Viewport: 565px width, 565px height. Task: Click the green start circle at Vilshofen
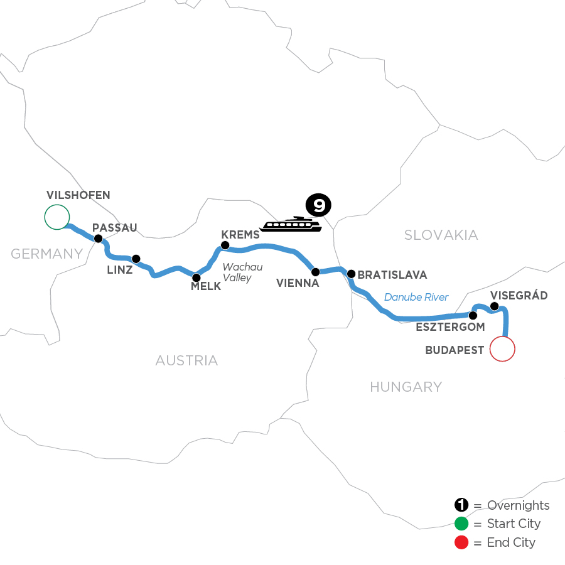point(56,217)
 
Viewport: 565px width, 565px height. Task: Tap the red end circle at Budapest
point(502,348)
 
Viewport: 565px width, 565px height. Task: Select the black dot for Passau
point(98,239)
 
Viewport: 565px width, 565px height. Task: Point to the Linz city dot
point(136,258)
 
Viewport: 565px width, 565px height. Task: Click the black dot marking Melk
point(196,277)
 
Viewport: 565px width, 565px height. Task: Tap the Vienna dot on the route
point(316,272)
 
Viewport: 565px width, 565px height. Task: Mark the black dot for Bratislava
point(352,274)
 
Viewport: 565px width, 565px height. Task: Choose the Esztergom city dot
point(473,315)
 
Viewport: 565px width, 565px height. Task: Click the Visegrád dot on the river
point(494,306)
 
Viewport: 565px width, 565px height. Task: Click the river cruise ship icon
point(291,224)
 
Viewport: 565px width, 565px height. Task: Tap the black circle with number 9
point(317,205)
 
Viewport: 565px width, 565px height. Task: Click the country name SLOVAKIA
point(441,235)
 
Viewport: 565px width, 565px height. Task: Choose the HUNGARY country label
point(406,387)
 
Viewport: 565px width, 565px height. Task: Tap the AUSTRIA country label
point(186,360)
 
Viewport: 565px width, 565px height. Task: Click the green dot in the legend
point(461,524)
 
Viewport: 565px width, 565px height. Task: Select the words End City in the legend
point(511,542)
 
